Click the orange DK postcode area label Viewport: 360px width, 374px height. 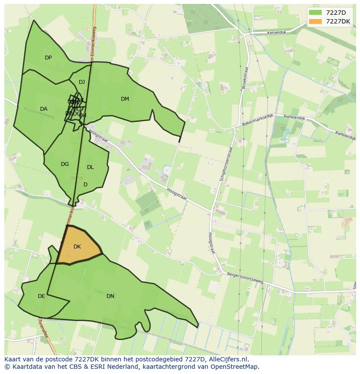pos(77,247)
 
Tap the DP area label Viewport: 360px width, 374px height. pos(48,58)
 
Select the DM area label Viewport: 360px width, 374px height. pos(125,99)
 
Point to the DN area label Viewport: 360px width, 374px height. pos(110,296)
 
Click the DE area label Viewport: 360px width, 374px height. pos(41,296)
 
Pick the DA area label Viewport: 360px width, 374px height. pos(43,109)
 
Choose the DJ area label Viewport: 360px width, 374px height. pos(82,82)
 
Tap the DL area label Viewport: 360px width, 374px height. pos(90,167)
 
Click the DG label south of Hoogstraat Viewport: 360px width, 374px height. pos(65,164)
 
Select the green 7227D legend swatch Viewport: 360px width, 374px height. pos(316,13)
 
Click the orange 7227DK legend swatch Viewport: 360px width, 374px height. pos(316,21)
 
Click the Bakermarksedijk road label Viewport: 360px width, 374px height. pos(257,122)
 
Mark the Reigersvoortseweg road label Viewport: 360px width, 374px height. pos(245,278)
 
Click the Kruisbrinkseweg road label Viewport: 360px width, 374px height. pos(39,113)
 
